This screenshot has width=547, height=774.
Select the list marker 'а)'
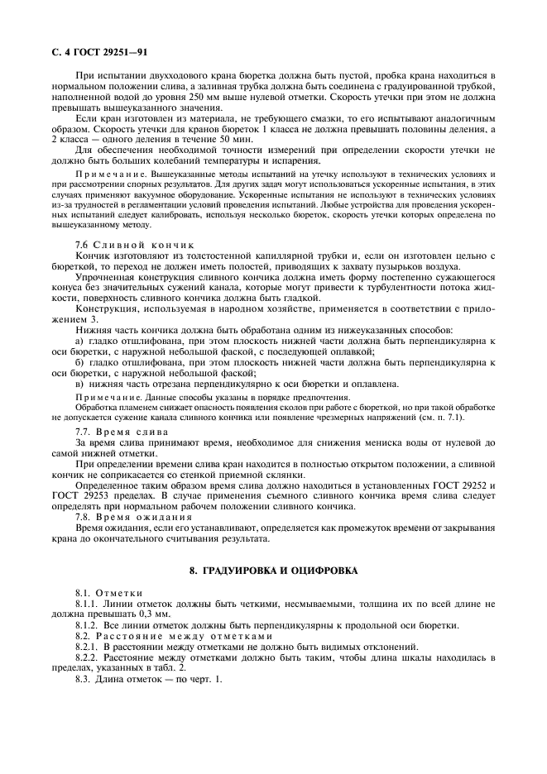[79, 341]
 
